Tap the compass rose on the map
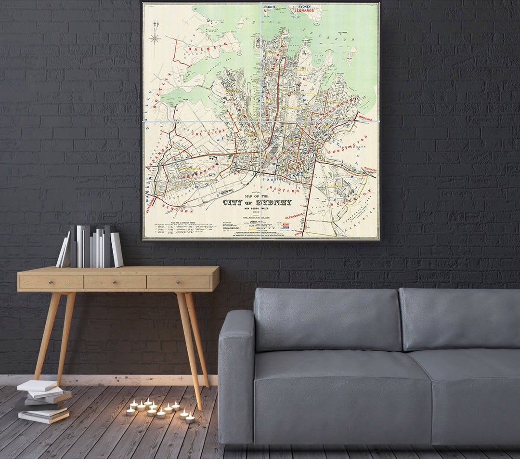coord(155,38)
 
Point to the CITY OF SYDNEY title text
coord(257,202)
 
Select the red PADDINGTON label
coord(348,145)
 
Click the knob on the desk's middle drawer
coord(115,282)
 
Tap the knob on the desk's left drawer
coord(51,283)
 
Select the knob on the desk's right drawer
coord(179,282)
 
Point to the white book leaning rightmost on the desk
coord(117,249)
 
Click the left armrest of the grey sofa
coord(236,376)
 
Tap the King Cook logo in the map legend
coord(286,225)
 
